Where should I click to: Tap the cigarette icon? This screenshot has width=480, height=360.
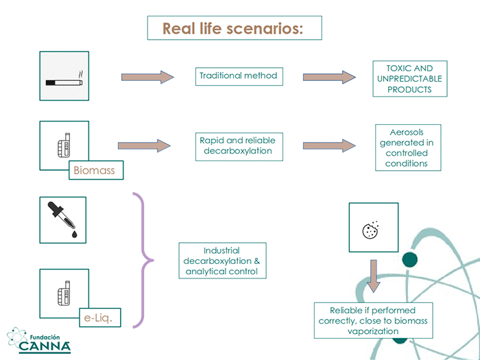(x=64, y=80)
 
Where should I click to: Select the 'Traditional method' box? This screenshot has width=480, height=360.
(x=239, y=76)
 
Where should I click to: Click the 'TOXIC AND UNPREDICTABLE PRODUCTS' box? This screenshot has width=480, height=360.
(x=410, y=79)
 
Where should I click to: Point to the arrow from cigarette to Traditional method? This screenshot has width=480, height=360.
(x=147, y=77)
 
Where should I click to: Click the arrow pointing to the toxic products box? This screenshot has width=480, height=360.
(x=329, y=77)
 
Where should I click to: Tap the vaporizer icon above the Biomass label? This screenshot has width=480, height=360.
(x=64, y=145)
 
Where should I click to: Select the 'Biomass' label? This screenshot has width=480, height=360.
(x=96, y=170)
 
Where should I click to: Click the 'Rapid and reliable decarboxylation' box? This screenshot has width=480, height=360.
(x=239, y=147)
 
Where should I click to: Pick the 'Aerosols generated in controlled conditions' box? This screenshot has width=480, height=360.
(x=408, y=147)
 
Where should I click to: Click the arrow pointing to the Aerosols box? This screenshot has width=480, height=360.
(x=329, y=145)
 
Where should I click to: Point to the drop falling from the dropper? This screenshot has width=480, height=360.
(x=74, y=235)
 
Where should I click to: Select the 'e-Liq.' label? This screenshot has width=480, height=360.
(x=100, y=317)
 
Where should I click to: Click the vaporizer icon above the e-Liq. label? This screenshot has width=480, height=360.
(x=64, y=293)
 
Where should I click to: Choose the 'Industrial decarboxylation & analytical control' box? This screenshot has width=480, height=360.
(x=223, y=261)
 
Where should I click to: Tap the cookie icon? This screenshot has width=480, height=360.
(x=370, y=230)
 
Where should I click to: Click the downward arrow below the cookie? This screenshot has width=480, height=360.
(x=374, y=276)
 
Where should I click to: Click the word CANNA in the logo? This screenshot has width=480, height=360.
(x=45, y=346)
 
